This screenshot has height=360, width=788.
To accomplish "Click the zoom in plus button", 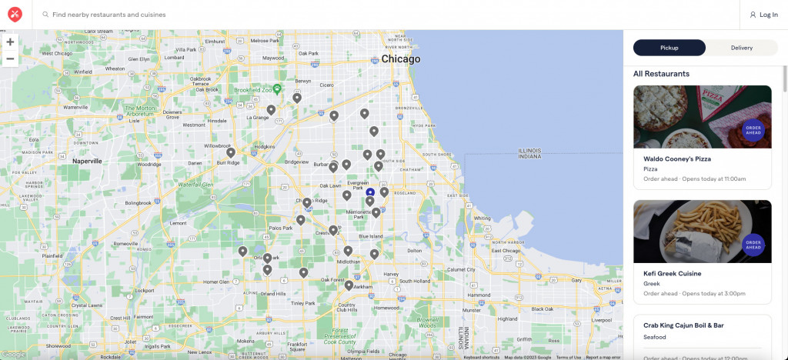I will (x=10, y=42).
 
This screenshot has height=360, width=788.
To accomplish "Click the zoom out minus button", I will (x=10, y=58).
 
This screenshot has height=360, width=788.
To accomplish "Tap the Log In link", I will (x=763, y=15).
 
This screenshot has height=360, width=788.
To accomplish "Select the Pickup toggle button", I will (x=669, y=48).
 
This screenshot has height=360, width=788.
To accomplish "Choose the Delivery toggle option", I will (x=741, y=48).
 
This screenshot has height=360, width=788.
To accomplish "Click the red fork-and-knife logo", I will (x=15, y=15).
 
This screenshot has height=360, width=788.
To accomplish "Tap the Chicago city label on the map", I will (x=401, y=59).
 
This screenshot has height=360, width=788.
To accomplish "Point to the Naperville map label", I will (x=87, y=162).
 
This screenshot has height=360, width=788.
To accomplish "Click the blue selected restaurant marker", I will (x=370, y=192).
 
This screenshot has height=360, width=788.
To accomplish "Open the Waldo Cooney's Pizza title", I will (x=677, y=159).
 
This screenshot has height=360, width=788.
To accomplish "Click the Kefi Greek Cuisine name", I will (x=672, y=273).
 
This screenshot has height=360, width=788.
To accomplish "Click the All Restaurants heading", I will (x=661, y=74).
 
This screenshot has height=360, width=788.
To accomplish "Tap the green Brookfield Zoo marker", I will (x=278, y=89).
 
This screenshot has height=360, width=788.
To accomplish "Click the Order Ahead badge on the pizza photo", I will (x=753, y=130).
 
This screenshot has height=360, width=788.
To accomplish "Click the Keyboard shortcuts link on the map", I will (x=482, y=357).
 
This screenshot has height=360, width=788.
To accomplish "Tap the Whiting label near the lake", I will (x=482, y=218).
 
